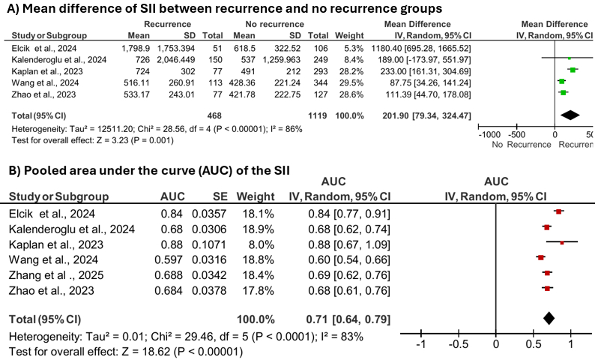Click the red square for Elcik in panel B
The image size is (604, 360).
tap(559, 212)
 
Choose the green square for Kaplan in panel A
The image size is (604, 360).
tap(573, 70)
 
